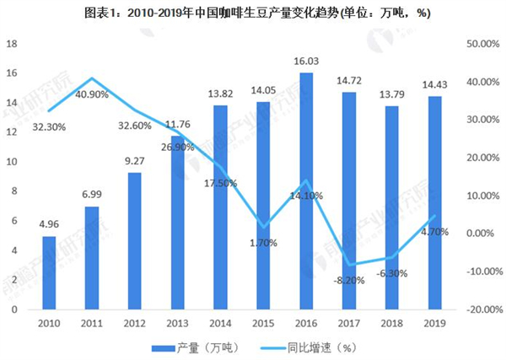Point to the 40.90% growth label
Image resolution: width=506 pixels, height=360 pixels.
(93, 94)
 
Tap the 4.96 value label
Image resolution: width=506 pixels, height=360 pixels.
(49, 225)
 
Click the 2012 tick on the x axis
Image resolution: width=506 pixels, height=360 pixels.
(134, 323)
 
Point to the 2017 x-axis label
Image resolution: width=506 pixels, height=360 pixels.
(347, 323)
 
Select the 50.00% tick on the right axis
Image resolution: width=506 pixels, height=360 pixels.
(482, 43)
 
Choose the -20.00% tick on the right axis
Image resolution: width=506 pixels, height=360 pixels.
(482, 309)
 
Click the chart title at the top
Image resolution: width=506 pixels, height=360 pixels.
(253, 11)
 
